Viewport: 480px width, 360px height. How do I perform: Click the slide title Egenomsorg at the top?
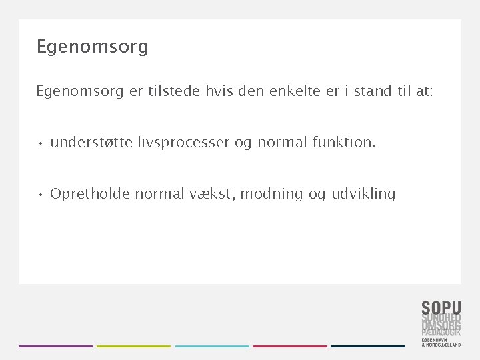tap(93, 47)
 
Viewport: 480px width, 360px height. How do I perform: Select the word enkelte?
tap(295, 91)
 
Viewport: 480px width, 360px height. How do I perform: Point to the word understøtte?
tap(91, 142)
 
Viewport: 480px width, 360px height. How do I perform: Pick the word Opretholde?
tap(90, 194)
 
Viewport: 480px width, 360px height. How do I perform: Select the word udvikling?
tap(363, 195)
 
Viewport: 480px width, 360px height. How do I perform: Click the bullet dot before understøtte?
tap(41, 143)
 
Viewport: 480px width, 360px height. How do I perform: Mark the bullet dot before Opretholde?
tap(41, 195)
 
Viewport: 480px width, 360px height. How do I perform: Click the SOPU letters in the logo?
tap(441, 308)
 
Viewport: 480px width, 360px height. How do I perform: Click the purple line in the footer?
tap(55, 346)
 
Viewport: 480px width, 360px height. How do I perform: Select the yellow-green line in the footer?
tap(133, 346)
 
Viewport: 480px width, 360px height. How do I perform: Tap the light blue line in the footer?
tap(212, 346)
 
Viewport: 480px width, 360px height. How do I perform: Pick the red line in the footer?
tap(290, 346)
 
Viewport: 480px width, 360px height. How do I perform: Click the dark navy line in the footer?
tap(368, 346)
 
